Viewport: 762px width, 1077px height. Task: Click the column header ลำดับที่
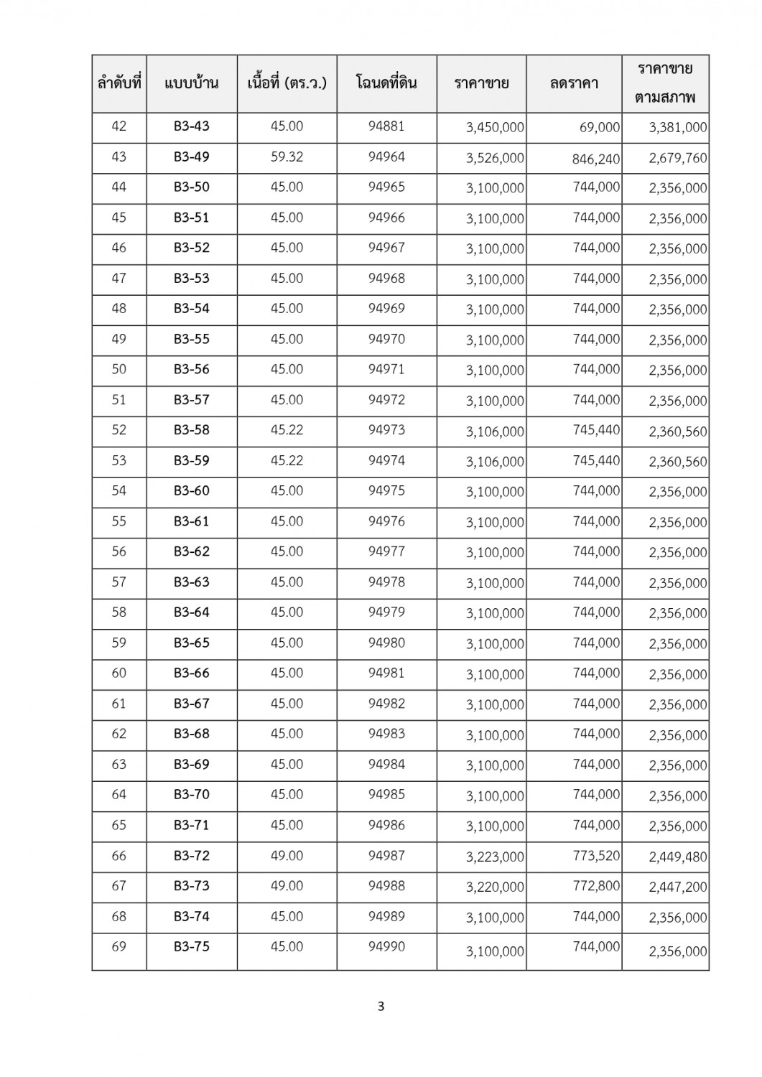point(119,83)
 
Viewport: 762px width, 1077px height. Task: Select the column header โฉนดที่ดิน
point(386,83)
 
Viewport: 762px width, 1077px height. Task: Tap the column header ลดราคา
point(574,83)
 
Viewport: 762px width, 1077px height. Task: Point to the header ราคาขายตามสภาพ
point(665,83)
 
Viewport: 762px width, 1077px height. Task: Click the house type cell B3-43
point(192,126)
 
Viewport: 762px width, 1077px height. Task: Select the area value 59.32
point(287,157)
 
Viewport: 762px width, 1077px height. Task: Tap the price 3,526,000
point(495,158)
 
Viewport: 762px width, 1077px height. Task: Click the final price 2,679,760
point(677,158)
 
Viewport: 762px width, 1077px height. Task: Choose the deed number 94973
point(386,430)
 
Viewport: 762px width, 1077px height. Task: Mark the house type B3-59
point(192,460)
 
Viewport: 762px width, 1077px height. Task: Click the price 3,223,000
point(495,857)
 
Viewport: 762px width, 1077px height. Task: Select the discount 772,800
point(596,886)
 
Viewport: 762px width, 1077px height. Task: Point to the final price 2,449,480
point(677,857)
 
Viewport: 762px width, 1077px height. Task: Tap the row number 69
point(119,946)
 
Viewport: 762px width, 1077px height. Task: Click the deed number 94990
point(386,946)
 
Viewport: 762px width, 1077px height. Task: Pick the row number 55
point(119,521)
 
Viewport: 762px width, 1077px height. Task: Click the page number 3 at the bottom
point(381,1007)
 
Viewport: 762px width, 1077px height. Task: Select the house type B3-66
point(192,673)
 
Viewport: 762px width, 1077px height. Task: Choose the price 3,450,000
point(495,128)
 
